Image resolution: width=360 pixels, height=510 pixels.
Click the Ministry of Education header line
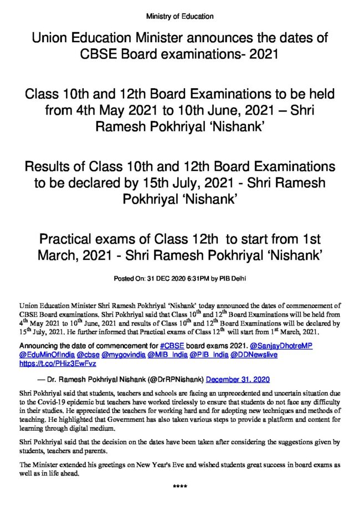179,16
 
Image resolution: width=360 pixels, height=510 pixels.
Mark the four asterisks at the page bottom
179,487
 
